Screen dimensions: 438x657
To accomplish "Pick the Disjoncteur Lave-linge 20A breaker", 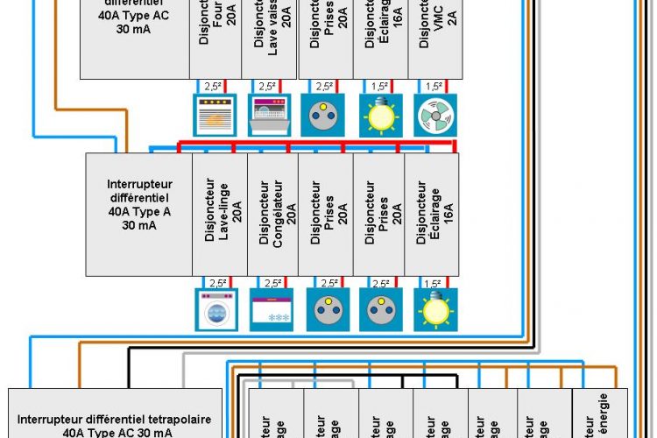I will [x=220, y=215].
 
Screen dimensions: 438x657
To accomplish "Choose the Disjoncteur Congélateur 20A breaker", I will [x=272, y=215].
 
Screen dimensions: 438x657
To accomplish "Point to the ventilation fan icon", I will [x=434, y=115].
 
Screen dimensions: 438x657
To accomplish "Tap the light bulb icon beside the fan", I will [x=380, y=115].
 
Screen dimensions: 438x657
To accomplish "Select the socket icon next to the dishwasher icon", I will [x=325, y=115].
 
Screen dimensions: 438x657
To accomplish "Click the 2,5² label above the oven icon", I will [x=214, y=86].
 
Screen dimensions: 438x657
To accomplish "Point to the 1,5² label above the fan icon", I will [x=434, y=86].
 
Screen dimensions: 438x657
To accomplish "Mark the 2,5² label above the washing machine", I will [x=215, y=283].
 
